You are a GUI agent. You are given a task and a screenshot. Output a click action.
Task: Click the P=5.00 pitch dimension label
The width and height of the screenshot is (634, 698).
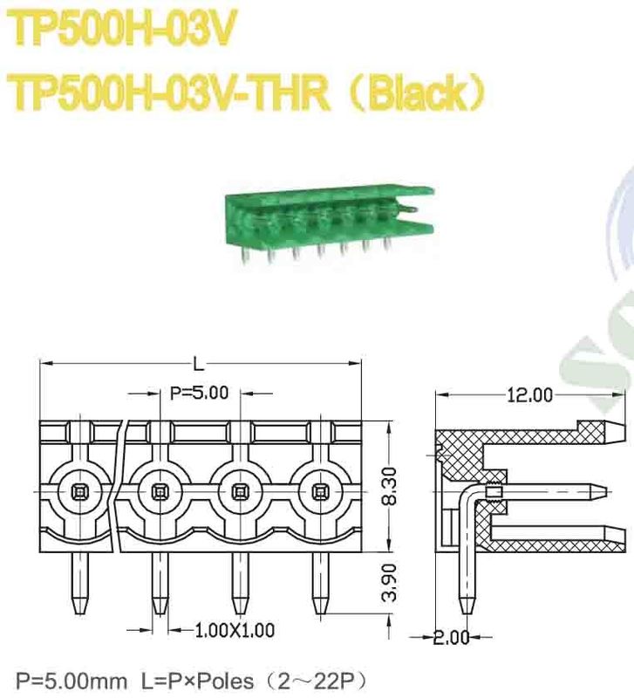pos(200,393)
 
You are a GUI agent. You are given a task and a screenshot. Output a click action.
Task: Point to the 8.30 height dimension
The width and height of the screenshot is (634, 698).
pos(390,486)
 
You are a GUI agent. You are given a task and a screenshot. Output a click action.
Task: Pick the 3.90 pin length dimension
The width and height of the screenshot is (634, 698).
pos(390,581)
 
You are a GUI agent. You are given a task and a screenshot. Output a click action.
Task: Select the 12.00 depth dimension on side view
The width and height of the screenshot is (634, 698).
pos(529,395)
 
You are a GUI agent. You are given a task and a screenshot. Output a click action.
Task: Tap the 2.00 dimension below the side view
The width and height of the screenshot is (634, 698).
pos(452,637)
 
